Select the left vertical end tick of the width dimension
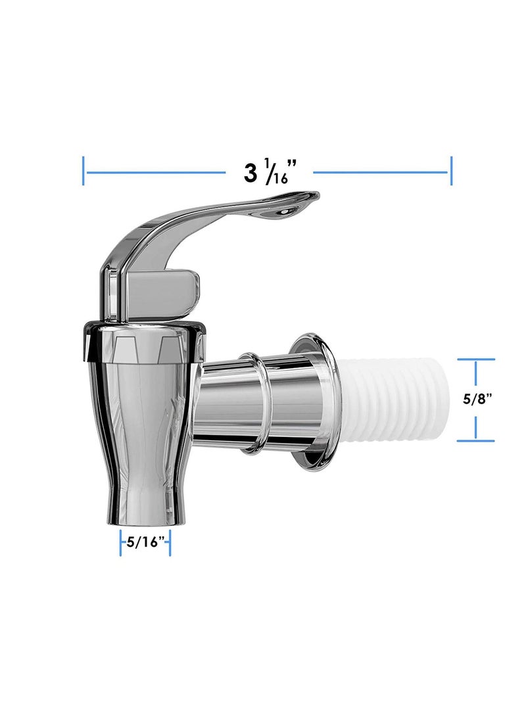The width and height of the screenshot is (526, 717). tap(84, 171)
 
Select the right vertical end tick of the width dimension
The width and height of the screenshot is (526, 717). tap(450, 171)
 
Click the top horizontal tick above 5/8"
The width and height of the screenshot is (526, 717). tap(475, 359)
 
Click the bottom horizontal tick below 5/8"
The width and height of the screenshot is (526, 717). tap(475, 440)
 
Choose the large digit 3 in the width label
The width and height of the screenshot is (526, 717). tap(251, 173)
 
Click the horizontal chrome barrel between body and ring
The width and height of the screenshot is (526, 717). tap(220, 401)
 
